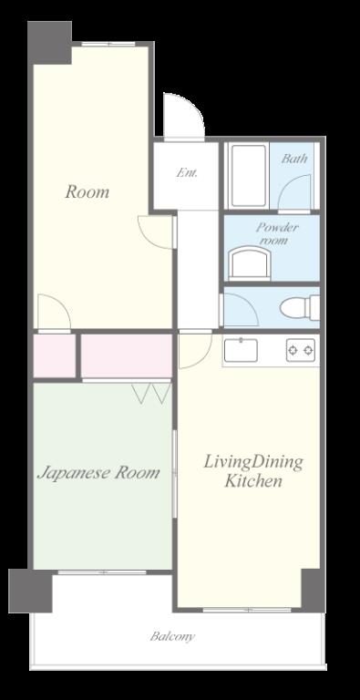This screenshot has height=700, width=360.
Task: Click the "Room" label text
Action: coord(87,192)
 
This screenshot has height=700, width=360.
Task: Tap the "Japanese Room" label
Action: coord(98,473)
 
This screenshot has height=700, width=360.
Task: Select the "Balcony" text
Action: coord(172,636)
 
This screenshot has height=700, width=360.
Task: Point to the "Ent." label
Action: coord(187,172)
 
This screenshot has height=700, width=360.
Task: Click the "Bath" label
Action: coord(294,158)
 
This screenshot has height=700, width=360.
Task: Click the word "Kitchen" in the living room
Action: coord(253,481)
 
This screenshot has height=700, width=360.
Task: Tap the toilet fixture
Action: coord(300,307)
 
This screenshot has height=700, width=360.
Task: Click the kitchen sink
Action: coord(241,350)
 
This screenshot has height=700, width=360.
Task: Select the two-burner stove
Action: coord(301,350)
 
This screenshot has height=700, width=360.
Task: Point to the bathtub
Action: coord(249,175)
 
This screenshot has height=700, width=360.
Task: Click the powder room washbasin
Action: coord(250,263)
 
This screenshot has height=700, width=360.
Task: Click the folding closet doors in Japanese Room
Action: coord(152,393)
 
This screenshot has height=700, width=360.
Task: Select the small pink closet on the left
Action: coord(55,355)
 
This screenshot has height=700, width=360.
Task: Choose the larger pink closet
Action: coord(127,355)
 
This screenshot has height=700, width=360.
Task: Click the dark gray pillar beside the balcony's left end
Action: coord(30,591)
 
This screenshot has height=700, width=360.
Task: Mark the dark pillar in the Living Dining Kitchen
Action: coord(314,591)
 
